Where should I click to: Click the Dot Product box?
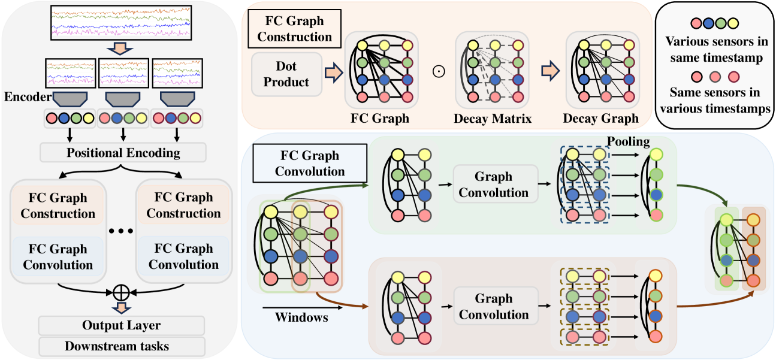click(x=287, y=74)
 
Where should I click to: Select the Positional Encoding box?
click(x=123, y=152)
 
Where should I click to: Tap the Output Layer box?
click(x=121, y=325)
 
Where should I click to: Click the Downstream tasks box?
click(x=121, y=346)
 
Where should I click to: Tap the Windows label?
click(x=301, y=317)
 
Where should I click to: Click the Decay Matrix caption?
click(x=493, y=119)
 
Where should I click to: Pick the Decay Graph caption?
click(x=601, y=119)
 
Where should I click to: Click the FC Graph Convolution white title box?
click(x=309, y=164)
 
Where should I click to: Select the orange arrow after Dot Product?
click(x=331, y=73)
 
